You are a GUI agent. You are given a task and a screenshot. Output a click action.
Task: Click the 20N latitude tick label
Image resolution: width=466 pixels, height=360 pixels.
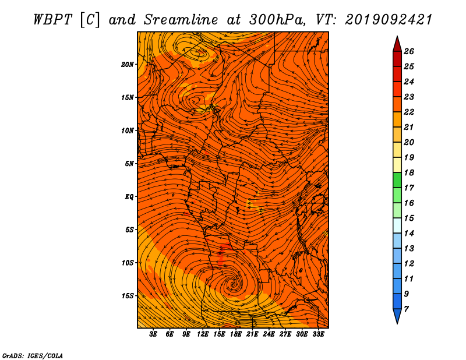[128, 65]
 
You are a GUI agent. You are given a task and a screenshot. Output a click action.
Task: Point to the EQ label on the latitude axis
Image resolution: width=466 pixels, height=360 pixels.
[129, 197]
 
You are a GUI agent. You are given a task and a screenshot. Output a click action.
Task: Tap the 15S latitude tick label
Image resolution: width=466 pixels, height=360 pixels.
[128, 296]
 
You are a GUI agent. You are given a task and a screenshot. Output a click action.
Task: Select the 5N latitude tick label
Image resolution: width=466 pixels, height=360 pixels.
[129, 164]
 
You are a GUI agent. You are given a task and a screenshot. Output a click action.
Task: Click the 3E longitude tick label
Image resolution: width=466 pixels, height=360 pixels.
[153, 334]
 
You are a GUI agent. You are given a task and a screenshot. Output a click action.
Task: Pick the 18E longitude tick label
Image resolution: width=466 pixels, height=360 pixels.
[236, 334]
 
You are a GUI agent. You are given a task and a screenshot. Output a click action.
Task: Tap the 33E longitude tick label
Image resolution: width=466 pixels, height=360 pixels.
[318, 334]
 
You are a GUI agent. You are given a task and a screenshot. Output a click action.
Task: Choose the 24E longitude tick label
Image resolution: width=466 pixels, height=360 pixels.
[269, 334]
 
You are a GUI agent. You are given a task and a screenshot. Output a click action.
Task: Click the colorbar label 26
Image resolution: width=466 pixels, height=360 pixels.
[409, 51]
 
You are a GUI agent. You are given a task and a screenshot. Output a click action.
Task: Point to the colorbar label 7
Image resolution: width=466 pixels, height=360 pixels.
[406, 309]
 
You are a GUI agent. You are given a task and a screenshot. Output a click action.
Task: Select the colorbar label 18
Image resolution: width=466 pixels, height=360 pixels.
[409, 172]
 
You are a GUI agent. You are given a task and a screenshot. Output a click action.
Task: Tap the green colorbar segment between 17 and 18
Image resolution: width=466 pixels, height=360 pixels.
[397, 180]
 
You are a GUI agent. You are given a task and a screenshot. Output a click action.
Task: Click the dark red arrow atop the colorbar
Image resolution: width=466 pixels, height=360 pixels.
[397, 44]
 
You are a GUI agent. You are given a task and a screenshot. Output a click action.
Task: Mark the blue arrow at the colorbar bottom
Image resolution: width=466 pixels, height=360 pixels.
[397, 316]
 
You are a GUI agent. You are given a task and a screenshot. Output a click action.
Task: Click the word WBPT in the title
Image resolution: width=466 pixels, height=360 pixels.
[53, 20]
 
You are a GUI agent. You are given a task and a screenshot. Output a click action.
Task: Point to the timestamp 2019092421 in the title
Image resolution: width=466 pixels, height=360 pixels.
[389, 20]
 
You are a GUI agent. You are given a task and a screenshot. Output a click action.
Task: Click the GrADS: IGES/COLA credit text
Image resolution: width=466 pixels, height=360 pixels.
[33, 356]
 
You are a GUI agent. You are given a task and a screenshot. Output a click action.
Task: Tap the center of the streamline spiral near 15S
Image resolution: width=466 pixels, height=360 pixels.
[232, 284]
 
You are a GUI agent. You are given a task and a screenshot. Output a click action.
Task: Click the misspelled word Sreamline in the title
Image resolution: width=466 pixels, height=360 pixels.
[181, 20]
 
